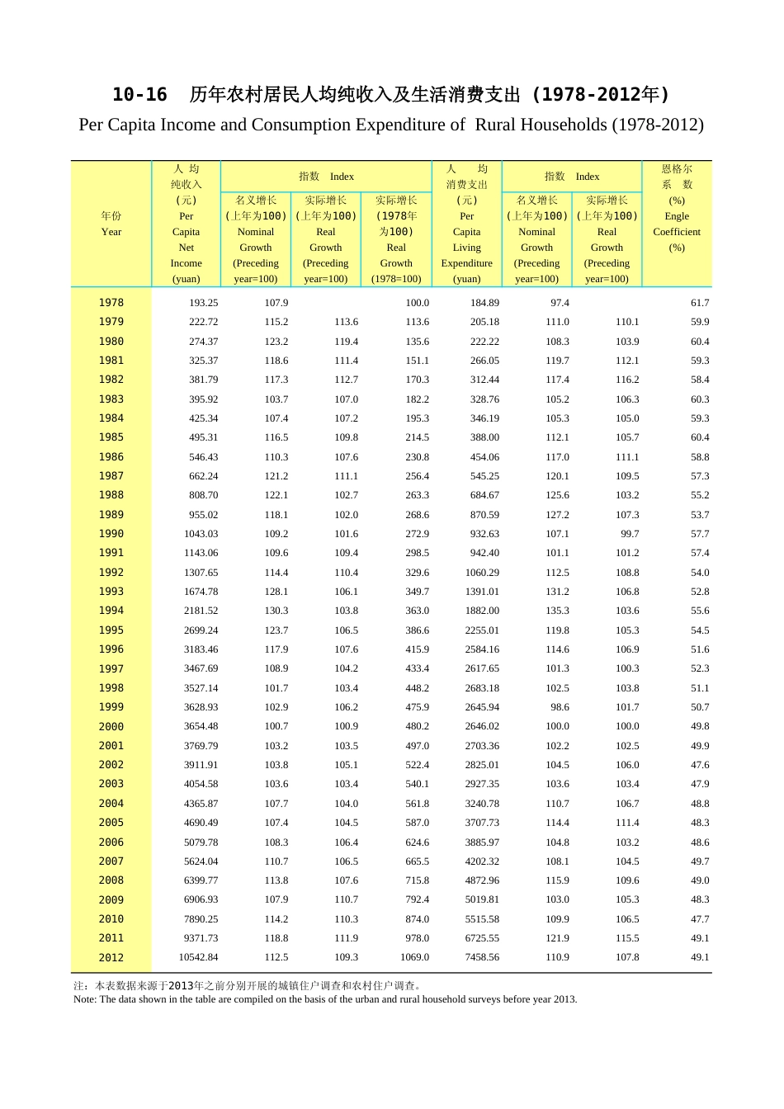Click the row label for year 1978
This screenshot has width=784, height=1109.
[111, 303]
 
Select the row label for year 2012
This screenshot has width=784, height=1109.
[111, 958]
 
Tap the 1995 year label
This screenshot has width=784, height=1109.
[111, 630]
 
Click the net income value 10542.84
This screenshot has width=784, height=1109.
[198, 958]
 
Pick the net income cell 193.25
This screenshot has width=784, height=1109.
[203, 303]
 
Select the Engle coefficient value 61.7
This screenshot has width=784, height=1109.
[700, 303]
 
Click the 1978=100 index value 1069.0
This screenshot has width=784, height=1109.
[414, 958]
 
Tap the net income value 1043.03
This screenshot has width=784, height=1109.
[201, 534]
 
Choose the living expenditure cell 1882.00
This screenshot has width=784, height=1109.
[481, 611]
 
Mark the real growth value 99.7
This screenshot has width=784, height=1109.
[630, 534]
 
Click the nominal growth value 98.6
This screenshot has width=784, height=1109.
[560, 707]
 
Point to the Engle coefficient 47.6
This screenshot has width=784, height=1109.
[700, 765]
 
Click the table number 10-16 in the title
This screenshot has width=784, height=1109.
[139, 95]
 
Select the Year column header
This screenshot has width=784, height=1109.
[111, 232]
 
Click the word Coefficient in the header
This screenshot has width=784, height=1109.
[677, 232]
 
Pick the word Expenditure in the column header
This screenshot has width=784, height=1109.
[466, 263]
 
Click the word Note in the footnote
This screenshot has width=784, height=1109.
[83, 999]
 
